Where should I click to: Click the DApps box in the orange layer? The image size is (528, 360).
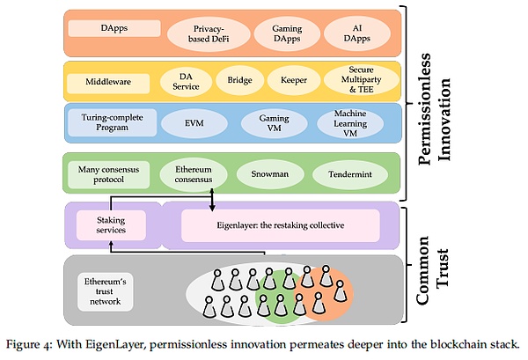[114, 27]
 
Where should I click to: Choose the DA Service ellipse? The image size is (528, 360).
[187, 81]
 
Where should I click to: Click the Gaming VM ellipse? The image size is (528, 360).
[275, 122]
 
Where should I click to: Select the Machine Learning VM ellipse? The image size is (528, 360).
[349, 122]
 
